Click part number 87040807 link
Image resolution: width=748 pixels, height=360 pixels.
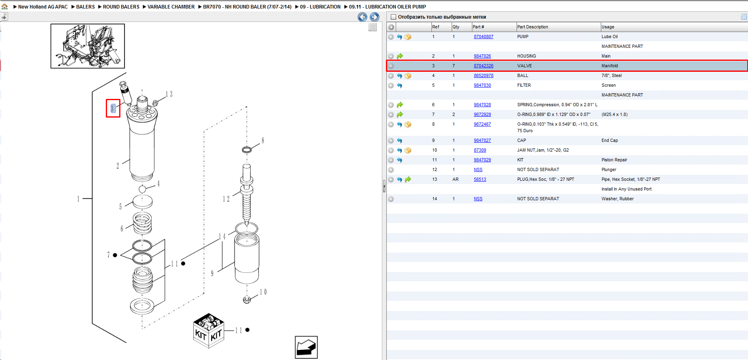483,36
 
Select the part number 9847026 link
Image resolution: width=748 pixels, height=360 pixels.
482,56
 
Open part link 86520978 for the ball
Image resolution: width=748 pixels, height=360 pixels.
483,75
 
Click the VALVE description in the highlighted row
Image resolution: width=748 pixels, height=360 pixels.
524,66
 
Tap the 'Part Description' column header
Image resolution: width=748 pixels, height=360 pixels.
532,27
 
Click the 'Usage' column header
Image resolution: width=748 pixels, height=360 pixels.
608,27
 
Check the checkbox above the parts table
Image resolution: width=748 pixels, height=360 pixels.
393,17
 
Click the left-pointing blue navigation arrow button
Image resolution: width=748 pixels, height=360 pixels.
362,17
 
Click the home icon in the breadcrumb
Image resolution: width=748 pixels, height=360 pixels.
4,6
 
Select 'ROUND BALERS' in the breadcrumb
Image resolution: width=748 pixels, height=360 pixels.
121,7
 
